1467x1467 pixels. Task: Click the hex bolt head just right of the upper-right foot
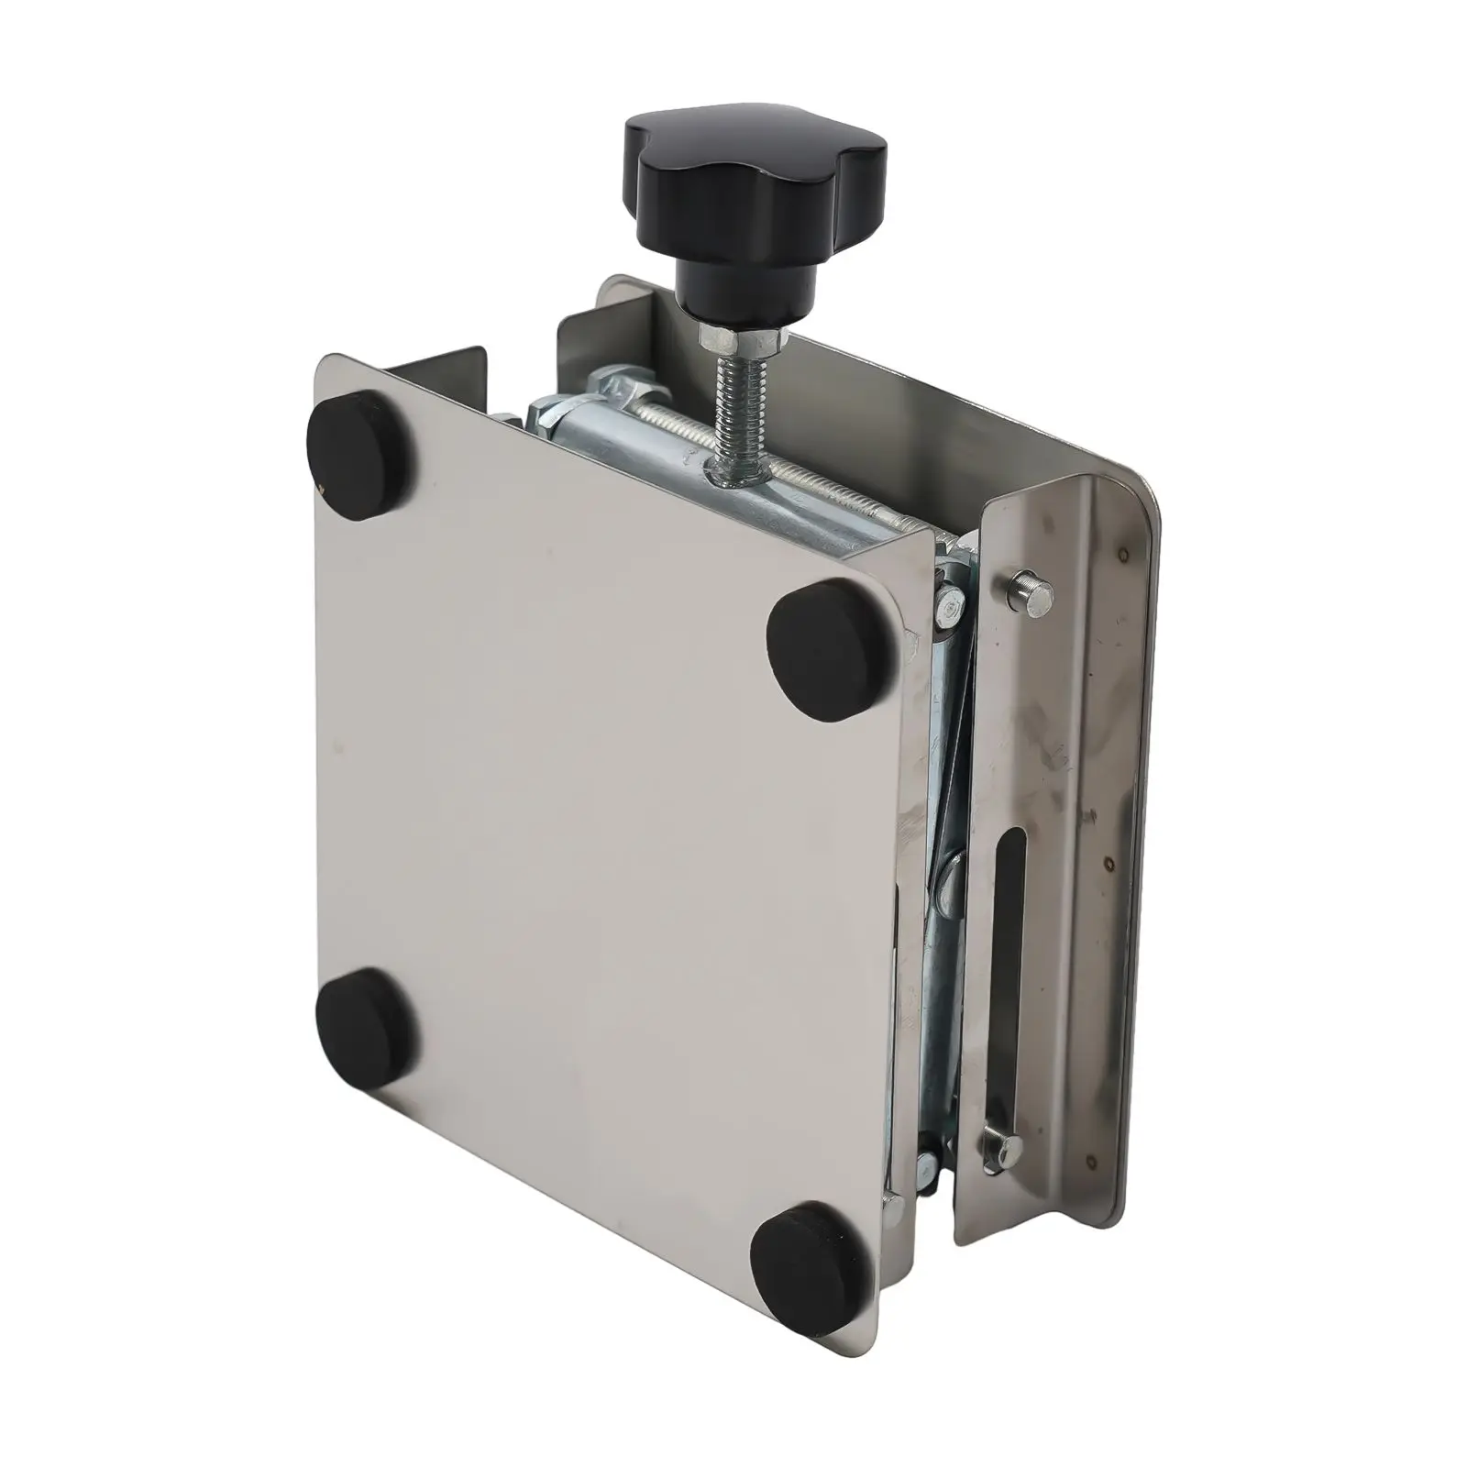click(948, 605)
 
